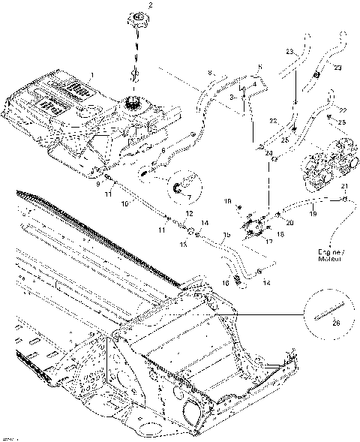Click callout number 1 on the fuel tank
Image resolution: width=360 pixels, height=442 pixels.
91,75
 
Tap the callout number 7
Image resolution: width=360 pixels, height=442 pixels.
189,198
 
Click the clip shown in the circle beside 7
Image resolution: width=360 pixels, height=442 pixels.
181,188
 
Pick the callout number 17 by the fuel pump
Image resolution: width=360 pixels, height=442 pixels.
266,242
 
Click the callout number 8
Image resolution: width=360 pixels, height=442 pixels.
211,72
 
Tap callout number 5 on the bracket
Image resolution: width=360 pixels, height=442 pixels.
259,68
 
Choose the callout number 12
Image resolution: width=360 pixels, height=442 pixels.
189,214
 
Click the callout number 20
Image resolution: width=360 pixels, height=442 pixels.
290,223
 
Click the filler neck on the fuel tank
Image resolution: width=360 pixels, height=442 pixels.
135,101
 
